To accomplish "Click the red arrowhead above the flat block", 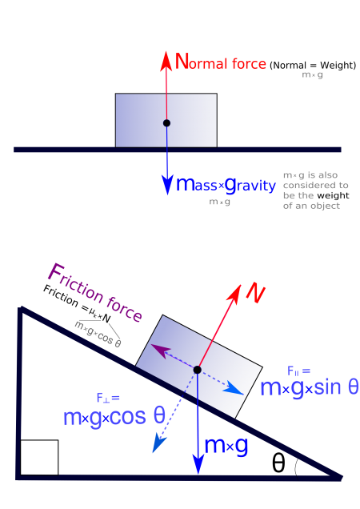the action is (166, 61).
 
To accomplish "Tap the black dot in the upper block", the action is (166, 123).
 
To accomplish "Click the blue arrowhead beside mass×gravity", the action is (167, 185).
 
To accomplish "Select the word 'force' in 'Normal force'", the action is (249, 63).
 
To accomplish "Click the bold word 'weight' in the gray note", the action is (333, 195).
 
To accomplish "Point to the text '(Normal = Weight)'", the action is (313, 66).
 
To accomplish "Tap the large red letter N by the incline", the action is (255, 295).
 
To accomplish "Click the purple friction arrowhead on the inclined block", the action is (161, 351).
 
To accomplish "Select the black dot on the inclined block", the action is (197, 370).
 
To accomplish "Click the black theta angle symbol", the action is (278, 463).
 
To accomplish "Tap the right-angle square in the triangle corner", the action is (39, 458).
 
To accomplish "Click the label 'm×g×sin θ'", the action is (310, 387).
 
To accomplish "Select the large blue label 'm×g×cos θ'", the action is (114, 416).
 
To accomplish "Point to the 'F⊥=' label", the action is (108, 398).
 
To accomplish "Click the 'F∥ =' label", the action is (298, 371).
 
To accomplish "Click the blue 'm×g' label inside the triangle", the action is (226, 445).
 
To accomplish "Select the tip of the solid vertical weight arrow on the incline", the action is (198, 475).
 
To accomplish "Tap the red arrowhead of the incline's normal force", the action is (235, 294).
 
